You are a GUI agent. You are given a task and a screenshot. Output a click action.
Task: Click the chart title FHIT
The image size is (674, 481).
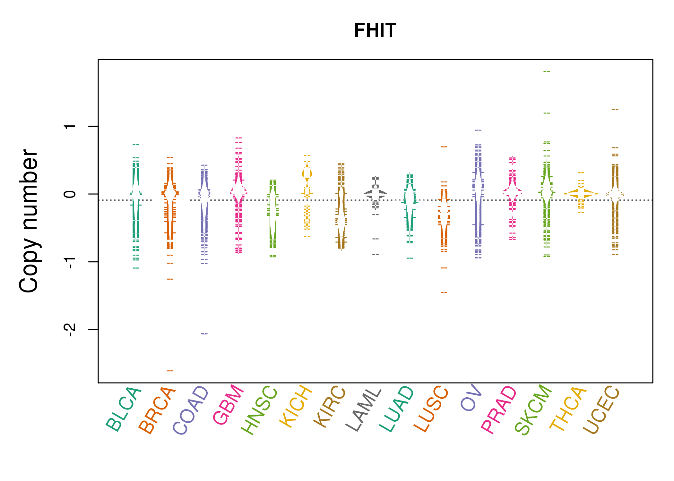(x=375, y=30)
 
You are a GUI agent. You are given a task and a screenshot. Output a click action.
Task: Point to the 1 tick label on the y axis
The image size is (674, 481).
(x=70, y=126)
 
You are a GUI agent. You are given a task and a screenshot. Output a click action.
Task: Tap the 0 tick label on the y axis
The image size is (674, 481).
(x=70, y=194)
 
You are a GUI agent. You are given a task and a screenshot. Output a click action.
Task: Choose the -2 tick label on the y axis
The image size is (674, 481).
(x=70, y=330)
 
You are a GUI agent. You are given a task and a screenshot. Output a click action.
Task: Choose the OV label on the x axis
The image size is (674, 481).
(x=471, y=398)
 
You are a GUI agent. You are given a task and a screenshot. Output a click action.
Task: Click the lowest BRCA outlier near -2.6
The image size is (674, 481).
(x=170, y=371)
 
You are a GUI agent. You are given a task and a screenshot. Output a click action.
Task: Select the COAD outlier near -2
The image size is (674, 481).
(x=204, y=334)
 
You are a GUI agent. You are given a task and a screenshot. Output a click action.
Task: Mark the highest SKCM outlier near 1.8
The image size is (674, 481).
(x=547, y=72)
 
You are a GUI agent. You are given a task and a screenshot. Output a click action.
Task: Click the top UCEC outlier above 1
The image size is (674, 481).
(x=615, y=109)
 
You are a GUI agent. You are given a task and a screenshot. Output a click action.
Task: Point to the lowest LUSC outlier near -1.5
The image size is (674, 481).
(x=444, y=292)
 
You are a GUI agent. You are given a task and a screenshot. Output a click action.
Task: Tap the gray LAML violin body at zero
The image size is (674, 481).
(x=375, y=194)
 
